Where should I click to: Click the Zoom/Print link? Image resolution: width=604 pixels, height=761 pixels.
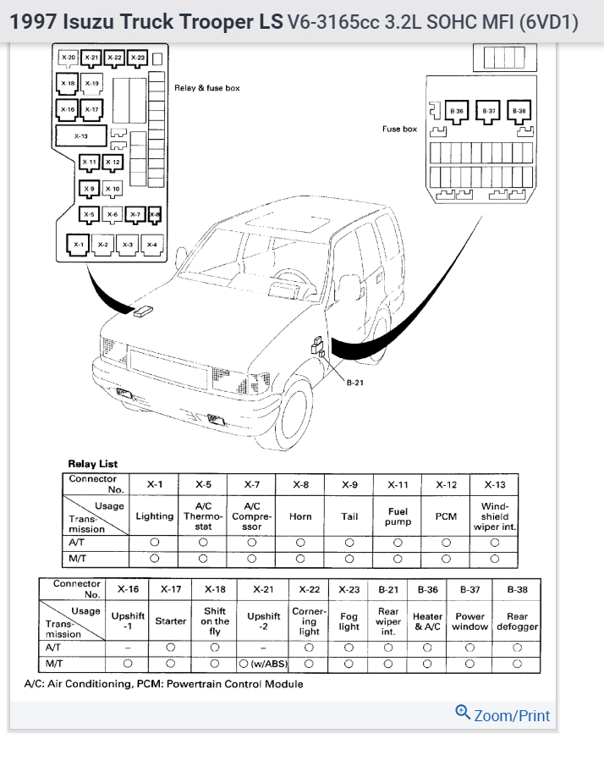503,715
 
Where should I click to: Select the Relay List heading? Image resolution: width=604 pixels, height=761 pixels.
93,464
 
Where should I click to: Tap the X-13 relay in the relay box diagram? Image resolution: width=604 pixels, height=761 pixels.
81,135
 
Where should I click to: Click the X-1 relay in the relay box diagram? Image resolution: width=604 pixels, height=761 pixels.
79,244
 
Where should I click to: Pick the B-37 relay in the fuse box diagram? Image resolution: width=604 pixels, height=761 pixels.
489,111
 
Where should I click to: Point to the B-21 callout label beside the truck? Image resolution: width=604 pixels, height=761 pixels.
355,383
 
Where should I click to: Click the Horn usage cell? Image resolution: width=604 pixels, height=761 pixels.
300,516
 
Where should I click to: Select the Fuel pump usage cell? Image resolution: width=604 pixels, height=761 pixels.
398,516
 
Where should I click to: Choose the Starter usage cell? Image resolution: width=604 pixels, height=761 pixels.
171,620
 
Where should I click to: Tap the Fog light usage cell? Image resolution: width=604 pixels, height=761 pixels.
349,620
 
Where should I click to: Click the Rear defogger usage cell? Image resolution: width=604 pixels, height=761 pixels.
517,621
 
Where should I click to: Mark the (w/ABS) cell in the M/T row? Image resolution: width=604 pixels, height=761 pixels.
263,664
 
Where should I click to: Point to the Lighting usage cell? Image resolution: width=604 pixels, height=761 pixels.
155,516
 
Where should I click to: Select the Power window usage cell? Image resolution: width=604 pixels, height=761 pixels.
469,621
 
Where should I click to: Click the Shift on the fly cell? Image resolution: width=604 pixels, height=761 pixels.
215,620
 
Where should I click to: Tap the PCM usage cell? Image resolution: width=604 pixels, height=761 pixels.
446,516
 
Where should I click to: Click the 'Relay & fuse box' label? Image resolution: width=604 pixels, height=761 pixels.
207,88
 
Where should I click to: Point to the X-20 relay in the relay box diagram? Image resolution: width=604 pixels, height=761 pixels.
69,58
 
